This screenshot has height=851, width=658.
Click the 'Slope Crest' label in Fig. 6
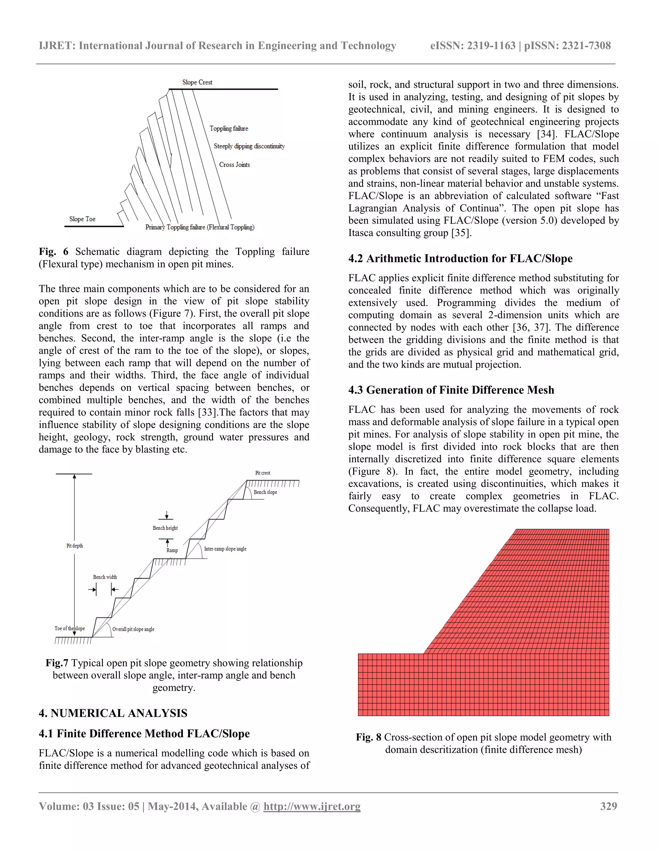(x=197, y=82)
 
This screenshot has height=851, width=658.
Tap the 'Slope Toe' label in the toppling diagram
(x=82, y=219)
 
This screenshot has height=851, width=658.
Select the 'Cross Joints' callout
(x=234, y=164)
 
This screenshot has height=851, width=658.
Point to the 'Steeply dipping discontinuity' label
(x=249, y=146)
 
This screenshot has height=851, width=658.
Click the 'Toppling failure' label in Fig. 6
(x=229, y=128)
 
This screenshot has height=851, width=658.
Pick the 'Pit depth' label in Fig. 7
(x=75, y=546)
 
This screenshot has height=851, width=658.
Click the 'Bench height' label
(x=165, y=528)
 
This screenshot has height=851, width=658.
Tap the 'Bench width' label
(x=105, y=577)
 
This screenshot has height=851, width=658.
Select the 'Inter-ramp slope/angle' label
(x=225, y=548)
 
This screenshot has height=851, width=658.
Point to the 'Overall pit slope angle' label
(x=133, y=629)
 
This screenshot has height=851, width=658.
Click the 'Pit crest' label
(x=263, y=473)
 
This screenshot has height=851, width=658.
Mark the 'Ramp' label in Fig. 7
(x=172, y=550)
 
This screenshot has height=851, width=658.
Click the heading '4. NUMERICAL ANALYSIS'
(x=113, y=713)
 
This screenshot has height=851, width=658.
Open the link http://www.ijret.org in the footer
(x=312, y=806)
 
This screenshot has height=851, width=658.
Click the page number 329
(x=609, y=806)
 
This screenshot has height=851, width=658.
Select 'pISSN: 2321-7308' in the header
(x=568, y=46)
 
